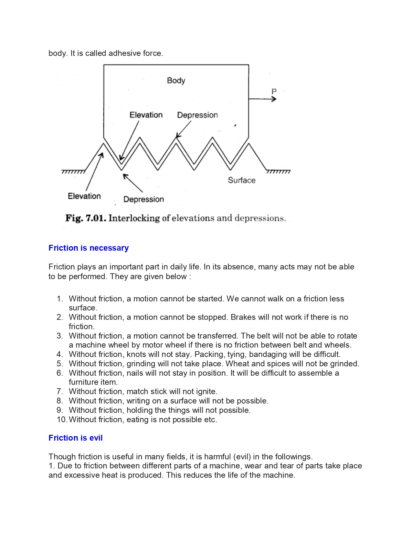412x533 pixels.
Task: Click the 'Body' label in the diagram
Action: pyautogui.click(x=176, y=80)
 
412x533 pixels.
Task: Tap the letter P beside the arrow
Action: pyautogui.click(x=274, y=91)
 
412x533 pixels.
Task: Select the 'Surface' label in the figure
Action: pyautogui.click(x=241, y=180)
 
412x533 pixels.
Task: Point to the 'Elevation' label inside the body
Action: pyautogui.click(x=146, y=115)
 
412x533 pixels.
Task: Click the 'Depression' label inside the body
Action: pyautogui.click(x=197, y=115)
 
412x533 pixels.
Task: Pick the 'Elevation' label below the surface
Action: pyautogui.click(x=84, y=196)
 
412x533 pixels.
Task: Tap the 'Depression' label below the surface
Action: pyautogui.click(x=143, y=199)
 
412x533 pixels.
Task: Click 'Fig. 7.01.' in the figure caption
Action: pyautogui.click(x=85, y=218)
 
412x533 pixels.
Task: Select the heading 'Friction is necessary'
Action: pyautogui.click(x=89, y=248)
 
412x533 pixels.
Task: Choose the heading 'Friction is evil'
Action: pyautogui.click(x=75, y=438)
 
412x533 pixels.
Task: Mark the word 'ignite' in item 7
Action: pyautogui.click(x=206, y=392)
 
